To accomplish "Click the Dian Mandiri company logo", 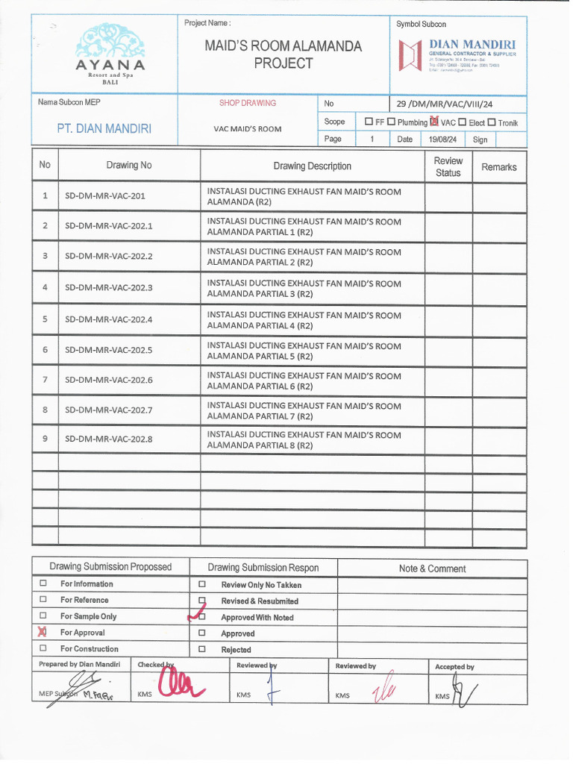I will coord(410,56).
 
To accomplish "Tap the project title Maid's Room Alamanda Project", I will coord(283,54).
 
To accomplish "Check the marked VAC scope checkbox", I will coord(434,122).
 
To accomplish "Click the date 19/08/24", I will coord(442,140).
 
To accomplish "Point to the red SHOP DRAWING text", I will coord(247,104).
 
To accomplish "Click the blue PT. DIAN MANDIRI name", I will coord(104,128).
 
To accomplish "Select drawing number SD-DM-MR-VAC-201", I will coord(104,196).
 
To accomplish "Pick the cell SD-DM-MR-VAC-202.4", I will coord(108,319).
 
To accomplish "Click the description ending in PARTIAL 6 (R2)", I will coord(304,381).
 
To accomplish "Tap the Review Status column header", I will coord(448,166).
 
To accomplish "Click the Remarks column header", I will coord(498,167).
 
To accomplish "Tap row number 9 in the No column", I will coord(45,438).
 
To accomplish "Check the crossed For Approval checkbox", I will coord(43,632).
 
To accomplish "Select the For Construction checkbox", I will coord(43,648).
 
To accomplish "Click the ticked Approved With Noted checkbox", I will coord(201,616).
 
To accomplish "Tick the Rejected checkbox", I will coord(201,649).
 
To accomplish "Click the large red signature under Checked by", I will coord(178,683).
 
